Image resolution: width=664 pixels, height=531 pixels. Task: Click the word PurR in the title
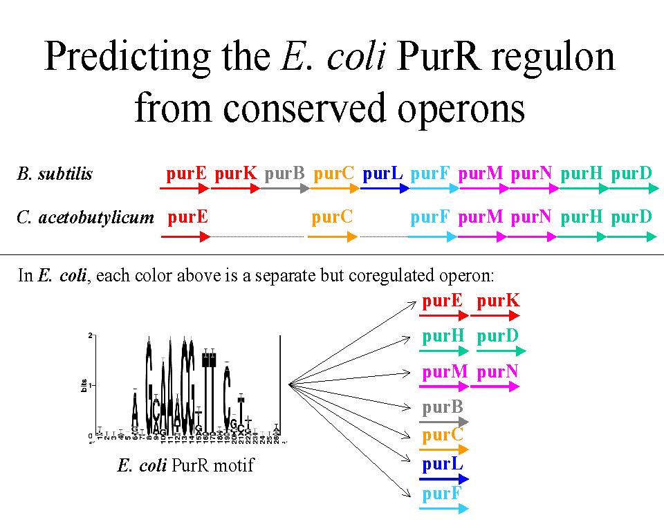445,57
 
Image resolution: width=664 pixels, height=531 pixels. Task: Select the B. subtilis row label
55,174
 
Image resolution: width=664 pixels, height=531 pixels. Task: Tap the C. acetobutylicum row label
85,218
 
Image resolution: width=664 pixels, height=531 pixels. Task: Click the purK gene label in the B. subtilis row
235,174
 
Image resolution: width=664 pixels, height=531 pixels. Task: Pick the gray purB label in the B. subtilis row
284,174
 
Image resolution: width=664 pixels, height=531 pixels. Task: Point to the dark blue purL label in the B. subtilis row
382,174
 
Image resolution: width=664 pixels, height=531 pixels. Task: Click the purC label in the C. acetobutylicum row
332,217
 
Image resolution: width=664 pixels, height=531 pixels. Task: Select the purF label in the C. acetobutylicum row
430,217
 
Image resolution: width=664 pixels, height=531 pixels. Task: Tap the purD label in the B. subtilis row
631,174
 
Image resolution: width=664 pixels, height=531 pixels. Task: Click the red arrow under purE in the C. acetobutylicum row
185,236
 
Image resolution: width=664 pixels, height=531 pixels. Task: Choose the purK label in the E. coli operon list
498,301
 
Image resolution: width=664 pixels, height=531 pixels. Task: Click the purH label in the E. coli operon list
443,337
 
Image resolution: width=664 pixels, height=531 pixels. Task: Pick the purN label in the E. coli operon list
498,372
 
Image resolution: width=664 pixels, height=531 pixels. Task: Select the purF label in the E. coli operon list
443,494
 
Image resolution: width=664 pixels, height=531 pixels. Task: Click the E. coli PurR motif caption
185,465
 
